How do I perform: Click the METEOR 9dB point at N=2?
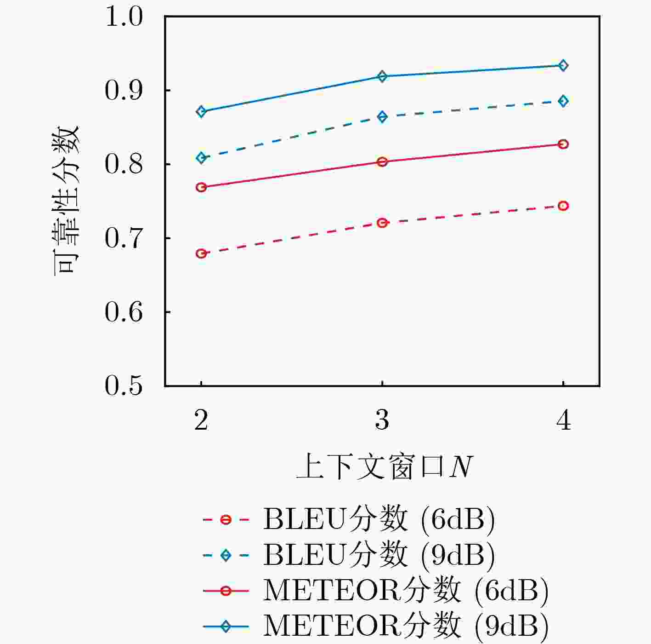(201, 111)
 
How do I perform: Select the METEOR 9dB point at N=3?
(382, 76)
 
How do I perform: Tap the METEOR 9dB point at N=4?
(563, 65)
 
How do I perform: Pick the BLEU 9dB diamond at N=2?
(201, 158)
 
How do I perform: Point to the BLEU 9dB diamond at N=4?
(563, 101)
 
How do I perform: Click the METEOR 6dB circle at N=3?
(382, 162)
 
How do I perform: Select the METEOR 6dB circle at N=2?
(201, 187)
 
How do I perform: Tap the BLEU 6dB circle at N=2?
(201, 253)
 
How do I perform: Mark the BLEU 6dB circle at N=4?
(563, 206)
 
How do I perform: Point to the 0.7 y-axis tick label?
(124, 239)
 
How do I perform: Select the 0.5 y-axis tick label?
(124, 386)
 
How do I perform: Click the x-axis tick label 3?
(382, 420)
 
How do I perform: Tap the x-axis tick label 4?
(563, 420)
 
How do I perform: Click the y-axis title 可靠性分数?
(66, 201)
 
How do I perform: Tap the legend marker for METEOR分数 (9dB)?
(226, 627)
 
